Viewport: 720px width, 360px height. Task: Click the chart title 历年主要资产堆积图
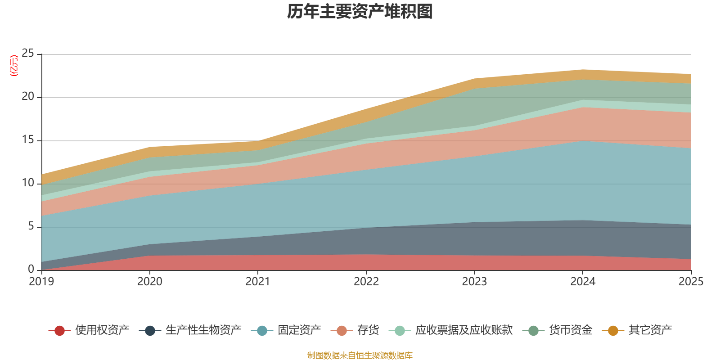point(360,12)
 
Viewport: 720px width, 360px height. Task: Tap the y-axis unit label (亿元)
point(14,66)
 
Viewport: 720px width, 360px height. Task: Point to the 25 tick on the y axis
point(28,54)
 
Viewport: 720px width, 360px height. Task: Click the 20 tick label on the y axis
point(28,96)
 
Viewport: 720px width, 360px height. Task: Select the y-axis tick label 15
point(28,140)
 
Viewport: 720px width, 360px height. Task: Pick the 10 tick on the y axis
point(28,183)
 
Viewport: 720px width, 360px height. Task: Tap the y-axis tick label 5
point(31,226)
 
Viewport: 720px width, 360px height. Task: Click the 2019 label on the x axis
point(41,282)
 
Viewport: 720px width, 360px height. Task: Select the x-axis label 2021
point(258,282)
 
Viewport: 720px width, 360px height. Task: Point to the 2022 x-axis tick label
point(366,282)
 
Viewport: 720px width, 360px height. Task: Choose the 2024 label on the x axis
point(583,282)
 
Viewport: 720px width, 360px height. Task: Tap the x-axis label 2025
point(691,282)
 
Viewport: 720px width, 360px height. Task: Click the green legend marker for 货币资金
point(533,330)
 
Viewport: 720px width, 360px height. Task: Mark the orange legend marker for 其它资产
point(613,330)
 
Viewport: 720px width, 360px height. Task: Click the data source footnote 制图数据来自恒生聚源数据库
point(360,355)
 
